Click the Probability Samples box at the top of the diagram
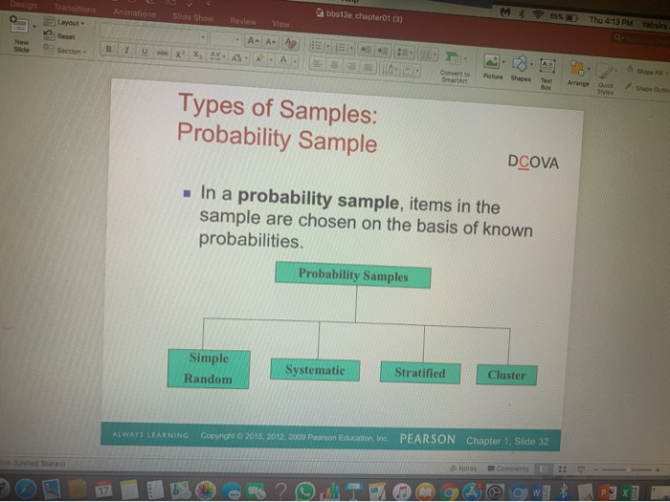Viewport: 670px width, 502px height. pyautogui.click(x=352, y=275)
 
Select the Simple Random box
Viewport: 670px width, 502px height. pyautogui.click(x=209, y=368)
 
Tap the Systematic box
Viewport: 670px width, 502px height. pyautogui.click(x=314, y=370)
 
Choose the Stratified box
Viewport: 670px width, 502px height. pyautogui.click(x=419, y=373)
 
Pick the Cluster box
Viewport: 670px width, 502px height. pyautogui.click(x=506, y=375)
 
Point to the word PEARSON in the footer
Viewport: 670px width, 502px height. pyautogui.click(x=427, y=439)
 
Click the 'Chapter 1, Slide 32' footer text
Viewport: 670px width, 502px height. pyautogui.click(x=507, y=441)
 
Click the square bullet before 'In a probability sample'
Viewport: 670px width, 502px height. pyautogui.click(x=190, y=192)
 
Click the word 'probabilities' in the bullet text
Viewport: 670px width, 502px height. pyautogui.click(x=250, y=240)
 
